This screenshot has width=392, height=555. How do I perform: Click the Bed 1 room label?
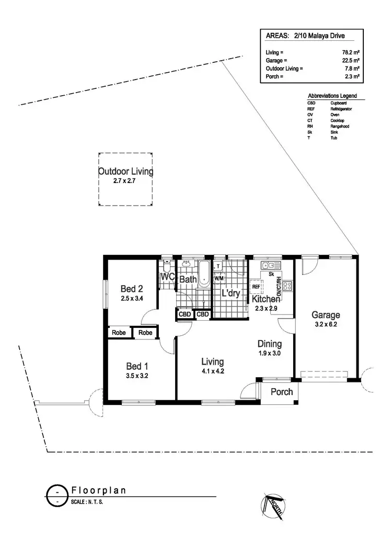pos(137,366)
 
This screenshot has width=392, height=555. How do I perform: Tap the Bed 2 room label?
pos(131,289)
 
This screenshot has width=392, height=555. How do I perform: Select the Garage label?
pos(326,315)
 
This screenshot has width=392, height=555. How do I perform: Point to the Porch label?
pos(281,392)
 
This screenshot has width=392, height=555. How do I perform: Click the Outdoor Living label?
pos(125,172)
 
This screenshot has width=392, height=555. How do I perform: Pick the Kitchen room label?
pos(266,299)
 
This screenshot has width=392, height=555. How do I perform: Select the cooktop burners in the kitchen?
pos(287,287)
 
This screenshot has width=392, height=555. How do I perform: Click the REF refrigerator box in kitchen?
pos(256,287)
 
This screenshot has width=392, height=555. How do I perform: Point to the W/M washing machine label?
pos(218,278)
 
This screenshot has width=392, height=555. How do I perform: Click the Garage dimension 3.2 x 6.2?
pos(326,324)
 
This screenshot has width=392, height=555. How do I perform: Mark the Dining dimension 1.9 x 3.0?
pos(269,353)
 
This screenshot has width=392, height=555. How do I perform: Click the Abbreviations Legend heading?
pos(332,96)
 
